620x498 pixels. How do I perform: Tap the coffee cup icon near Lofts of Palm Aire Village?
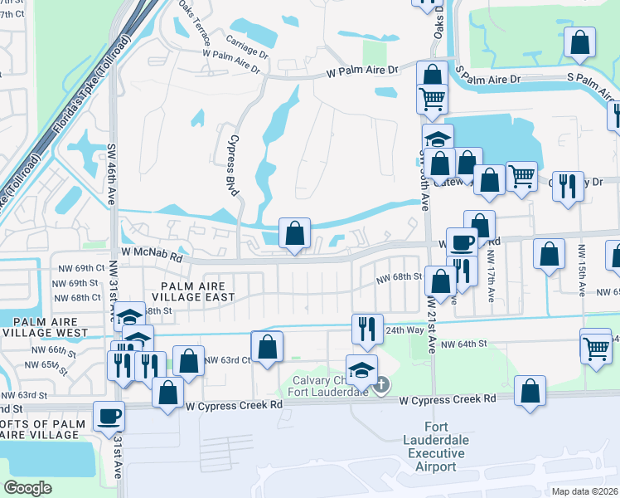pyautogui.click(x=109, y=415)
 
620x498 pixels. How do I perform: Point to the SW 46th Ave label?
pyautogui.click(x=110, y=173)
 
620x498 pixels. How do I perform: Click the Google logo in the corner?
pyautogui.click(x=27, y=488)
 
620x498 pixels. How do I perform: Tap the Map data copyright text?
pyautogui.click(x=579, y=491)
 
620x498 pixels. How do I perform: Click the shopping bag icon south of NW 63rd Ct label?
pyautogui.click(x=167, y=394)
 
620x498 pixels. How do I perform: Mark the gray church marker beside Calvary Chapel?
pyautogui.click(x=380, y=385)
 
